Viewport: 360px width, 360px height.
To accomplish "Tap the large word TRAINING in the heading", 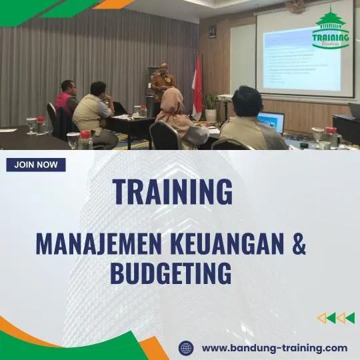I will [173, 192].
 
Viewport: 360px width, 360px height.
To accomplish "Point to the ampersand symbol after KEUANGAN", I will [299, 245].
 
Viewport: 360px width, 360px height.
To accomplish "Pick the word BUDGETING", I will [170, 273].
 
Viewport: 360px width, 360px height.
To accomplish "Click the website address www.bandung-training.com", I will [274, 347].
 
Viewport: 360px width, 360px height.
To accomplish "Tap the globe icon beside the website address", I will [186, 347].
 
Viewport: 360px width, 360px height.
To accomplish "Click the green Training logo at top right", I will [331, 30].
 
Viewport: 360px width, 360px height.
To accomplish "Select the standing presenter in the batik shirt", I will [162, 87].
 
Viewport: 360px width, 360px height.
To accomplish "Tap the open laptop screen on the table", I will [271, 121].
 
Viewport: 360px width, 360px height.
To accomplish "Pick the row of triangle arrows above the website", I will [335, 318].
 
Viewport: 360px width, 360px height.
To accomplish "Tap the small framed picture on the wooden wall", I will [212, 31].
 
